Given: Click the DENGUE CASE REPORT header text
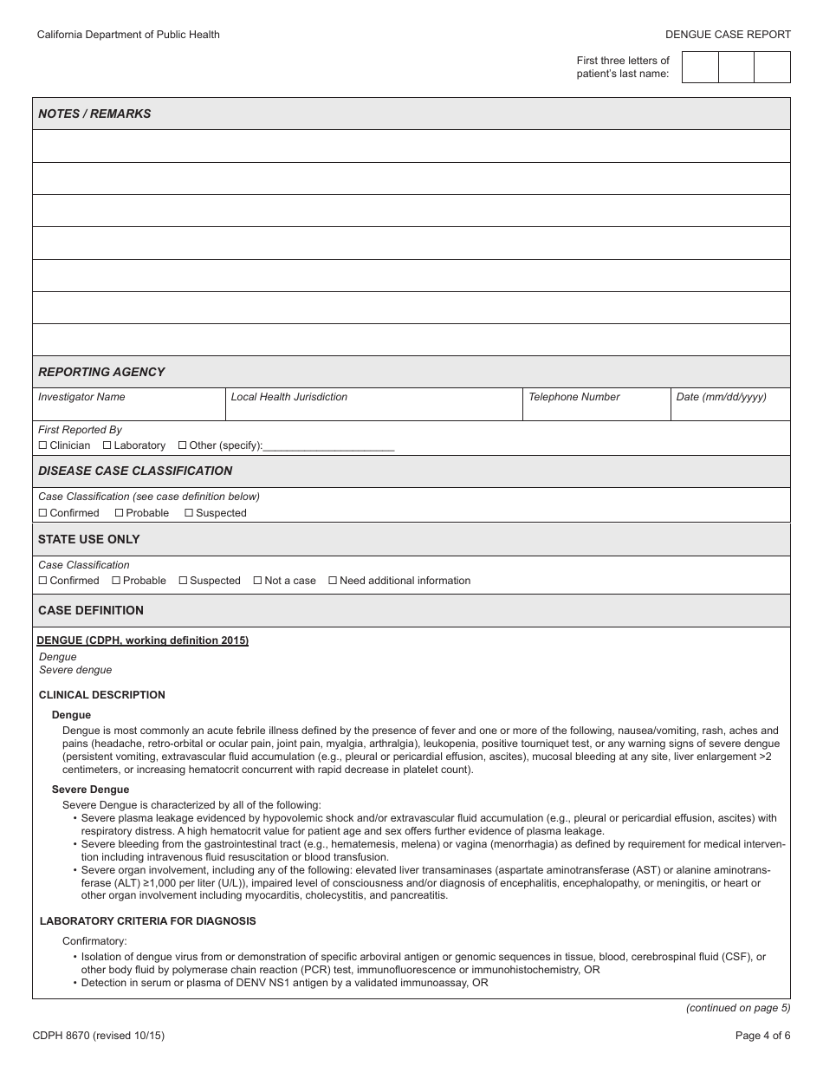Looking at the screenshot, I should point(728,35).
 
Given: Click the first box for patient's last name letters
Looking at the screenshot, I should point(700,68).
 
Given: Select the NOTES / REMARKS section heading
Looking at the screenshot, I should point(94,114).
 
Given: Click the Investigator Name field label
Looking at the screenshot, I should point(81,397).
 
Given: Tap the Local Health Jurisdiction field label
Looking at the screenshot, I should point(288,397).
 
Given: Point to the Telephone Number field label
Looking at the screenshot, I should point(574,397).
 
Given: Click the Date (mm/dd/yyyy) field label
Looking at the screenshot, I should point(721,397).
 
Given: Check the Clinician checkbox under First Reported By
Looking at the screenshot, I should point(43,445).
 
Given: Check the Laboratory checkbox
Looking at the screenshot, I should point(107,445).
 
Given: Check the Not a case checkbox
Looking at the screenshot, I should point(258,581).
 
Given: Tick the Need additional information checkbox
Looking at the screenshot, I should point(333,581).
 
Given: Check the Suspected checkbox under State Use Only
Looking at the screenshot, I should point(184,581).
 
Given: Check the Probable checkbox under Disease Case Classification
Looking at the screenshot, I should point(120,513).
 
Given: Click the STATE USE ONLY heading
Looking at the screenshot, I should point(88,539).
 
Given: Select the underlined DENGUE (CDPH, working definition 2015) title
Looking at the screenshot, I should point(143,640).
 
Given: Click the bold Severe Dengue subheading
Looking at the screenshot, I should point(90,790).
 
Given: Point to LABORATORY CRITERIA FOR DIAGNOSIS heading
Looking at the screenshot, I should point(147,921).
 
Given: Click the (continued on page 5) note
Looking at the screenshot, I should point(738,1008).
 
